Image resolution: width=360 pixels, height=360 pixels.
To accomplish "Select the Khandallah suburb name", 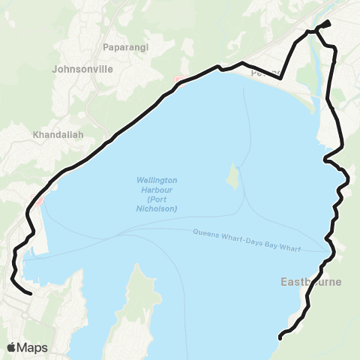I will (58, 136).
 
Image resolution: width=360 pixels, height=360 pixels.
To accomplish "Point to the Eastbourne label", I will (310, 283).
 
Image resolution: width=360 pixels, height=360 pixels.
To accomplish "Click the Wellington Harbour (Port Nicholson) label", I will (157, 194).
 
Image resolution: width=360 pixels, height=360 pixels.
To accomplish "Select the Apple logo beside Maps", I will (12, 347).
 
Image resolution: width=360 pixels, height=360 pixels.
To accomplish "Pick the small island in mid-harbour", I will (233, 177).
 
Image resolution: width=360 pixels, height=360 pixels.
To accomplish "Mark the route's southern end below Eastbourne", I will (280, 337).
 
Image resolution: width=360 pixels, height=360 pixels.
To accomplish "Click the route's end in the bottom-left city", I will (30, 293).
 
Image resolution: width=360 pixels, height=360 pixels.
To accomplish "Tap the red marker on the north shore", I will (178, 80).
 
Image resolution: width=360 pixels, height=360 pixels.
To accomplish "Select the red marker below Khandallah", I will (40, 200).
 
